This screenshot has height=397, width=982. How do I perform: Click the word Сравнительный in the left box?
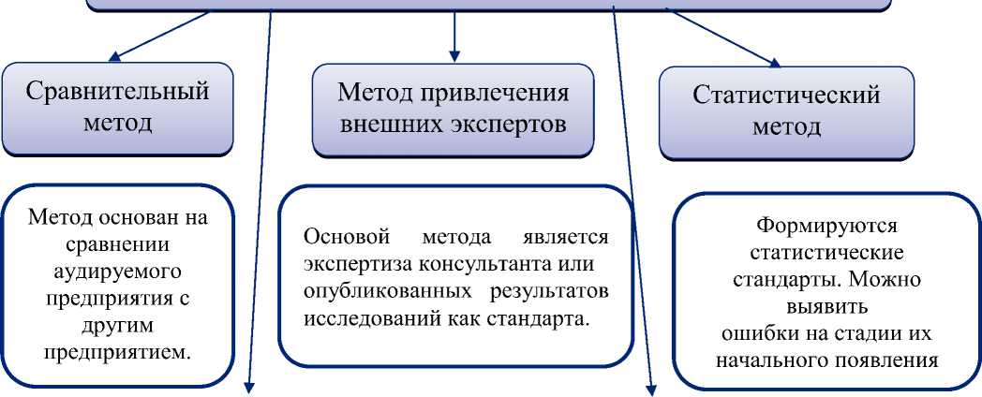116,93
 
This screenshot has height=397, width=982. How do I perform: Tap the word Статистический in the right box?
786,96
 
